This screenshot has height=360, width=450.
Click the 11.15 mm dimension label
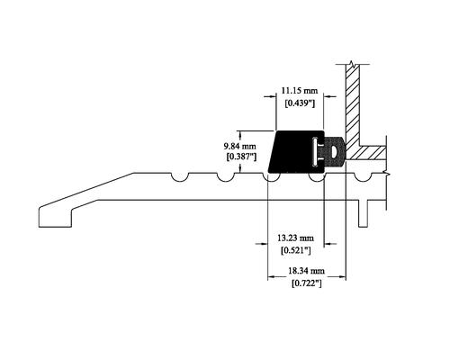[299, 90]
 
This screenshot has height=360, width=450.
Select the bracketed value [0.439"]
[300, 103]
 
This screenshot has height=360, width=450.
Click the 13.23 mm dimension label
[295, 238]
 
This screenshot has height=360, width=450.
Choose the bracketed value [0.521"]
[295, 250]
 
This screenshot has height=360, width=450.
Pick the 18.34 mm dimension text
[307, 271]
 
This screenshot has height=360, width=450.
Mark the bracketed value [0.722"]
[307, 283]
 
